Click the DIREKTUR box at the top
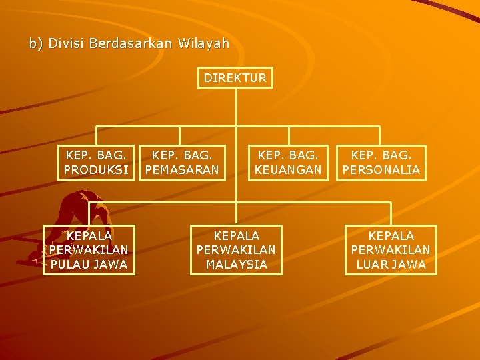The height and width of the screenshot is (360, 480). (x=235, y=78)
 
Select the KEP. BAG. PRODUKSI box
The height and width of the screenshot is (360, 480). (x=97, y=163)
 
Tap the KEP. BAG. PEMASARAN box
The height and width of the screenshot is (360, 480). (x=182, y=163)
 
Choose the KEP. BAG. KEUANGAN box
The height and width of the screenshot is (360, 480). (x=288, y=163)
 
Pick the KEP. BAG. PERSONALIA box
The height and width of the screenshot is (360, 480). (x=381, y=163)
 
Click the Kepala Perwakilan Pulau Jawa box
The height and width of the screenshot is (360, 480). (x=89, y=250)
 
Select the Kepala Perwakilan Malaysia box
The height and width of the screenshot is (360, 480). (x=236, y=250)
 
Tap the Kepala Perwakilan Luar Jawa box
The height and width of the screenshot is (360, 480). (x=391, y=250)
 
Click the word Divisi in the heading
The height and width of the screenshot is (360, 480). (x=66, y=44)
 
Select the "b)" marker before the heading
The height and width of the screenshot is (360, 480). (x=35, y=44)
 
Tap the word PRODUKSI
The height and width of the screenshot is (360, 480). (x=97, y=170)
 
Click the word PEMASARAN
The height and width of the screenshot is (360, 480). (x=182, y=170)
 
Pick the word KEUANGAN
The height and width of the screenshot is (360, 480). (x=288, y=170)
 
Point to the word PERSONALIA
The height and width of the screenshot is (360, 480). (x=381, y=170)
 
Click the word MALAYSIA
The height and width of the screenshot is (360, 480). (x=236, y=265)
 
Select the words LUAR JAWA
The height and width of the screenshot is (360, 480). (x=391, y=265)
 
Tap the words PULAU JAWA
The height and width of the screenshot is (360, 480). (x=89, y=265)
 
